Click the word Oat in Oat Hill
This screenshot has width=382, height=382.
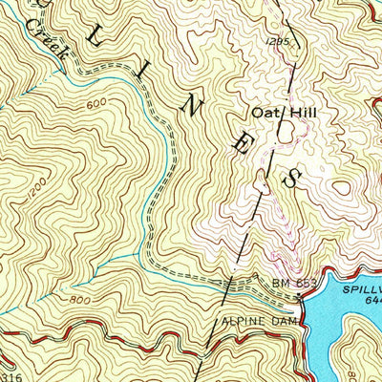tap(262, 113)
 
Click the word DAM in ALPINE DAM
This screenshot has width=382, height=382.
tap(288, 322)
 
